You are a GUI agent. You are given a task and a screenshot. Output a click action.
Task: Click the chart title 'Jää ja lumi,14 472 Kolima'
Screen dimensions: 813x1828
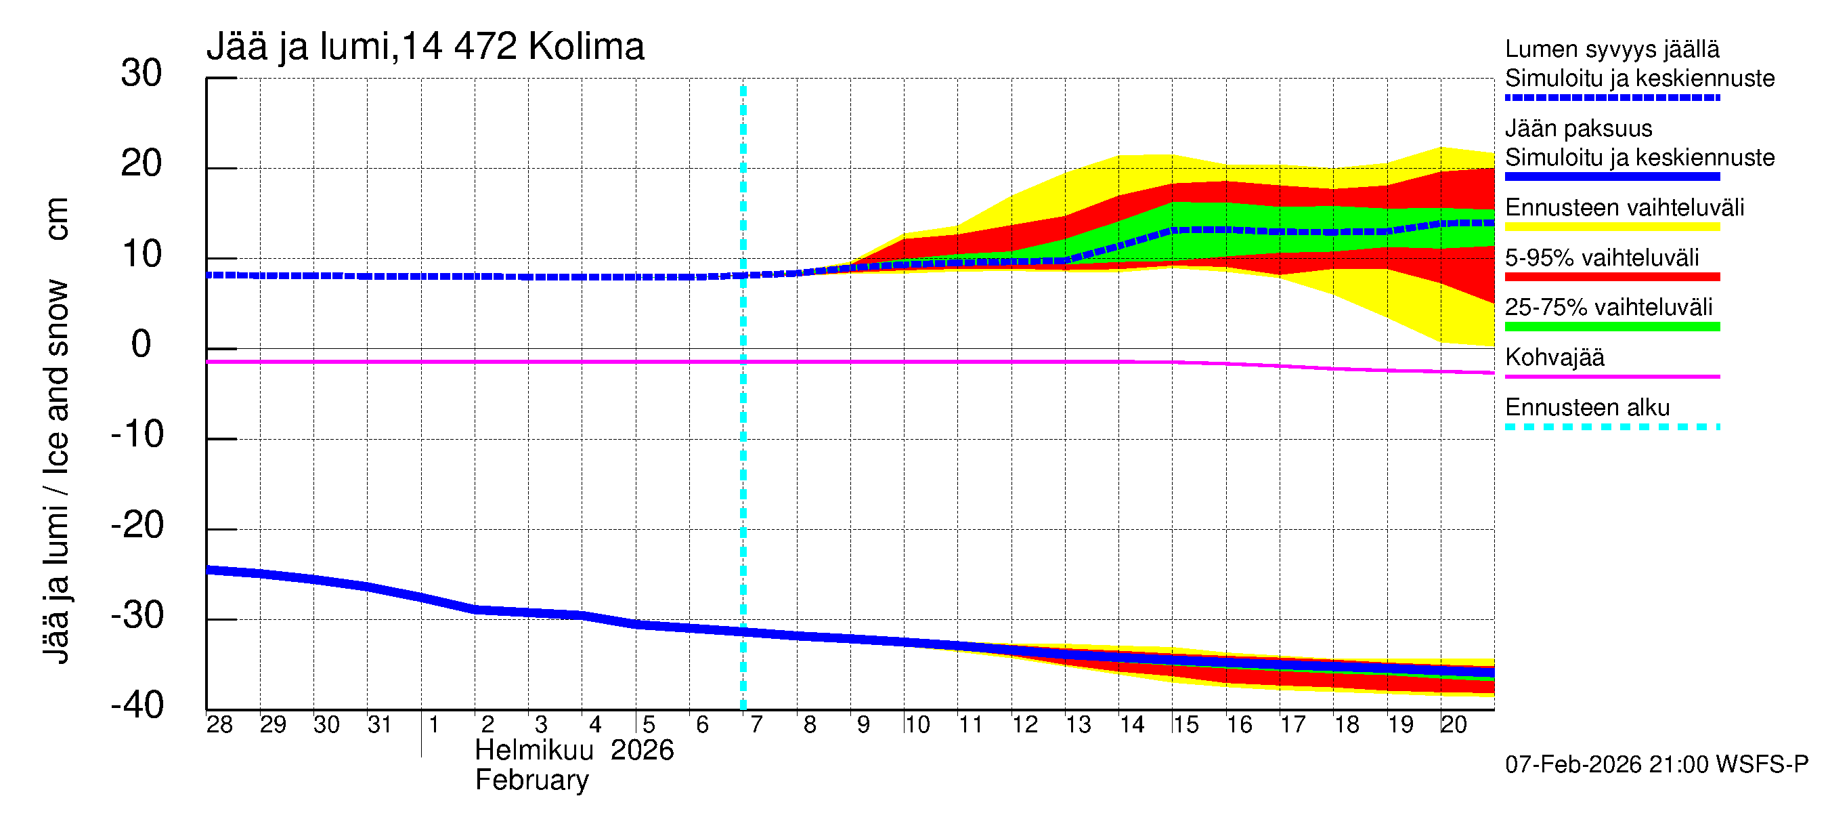click(x=425, y=47)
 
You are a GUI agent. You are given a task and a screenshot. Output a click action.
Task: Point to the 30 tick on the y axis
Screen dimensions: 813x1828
click(x=142, y=73)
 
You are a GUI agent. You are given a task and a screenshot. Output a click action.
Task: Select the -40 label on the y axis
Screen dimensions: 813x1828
click(x=137, y=705)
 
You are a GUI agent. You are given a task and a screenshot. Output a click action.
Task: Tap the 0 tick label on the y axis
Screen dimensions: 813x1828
click(x=142, y=344)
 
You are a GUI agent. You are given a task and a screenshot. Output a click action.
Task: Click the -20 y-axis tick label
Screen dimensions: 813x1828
click(x=137, y=526)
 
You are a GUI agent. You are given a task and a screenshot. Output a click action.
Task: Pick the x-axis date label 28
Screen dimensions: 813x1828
click(x=219, y=725)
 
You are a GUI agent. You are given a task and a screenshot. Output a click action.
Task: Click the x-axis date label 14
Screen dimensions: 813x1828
click(x=1132, y=725)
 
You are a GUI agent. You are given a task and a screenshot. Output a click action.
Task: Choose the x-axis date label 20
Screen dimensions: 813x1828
click(x=1454, y=725)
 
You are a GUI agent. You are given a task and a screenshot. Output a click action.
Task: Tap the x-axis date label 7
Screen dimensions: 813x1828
click(x=756, y=725)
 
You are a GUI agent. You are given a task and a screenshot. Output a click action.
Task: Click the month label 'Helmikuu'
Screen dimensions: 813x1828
click(x=534, y=751)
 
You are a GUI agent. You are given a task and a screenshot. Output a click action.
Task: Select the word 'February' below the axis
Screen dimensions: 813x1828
click(x=531, y=780)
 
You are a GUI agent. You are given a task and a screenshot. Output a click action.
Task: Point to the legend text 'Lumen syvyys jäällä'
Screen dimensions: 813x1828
click(x=1612, y=49)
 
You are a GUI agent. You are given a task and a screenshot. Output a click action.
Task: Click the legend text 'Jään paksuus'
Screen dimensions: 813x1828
click(x=1579, y=129)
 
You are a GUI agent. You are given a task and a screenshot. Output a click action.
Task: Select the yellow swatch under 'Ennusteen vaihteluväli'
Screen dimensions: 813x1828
click(x=1612, y=227)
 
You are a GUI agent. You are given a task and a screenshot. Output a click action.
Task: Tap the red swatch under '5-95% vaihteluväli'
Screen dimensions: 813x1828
click(x=1612, y=277)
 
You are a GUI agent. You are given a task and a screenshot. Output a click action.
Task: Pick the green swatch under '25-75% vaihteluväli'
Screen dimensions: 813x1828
click(x=1612, y=327)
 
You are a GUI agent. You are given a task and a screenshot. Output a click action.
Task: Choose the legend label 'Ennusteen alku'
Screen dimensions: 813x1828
click(x=1588, y=408)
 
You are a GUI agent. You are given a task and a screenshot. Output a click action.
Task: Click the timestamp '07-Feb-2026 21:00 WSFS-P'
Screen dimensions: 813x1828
click(x=1657, y=765)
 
